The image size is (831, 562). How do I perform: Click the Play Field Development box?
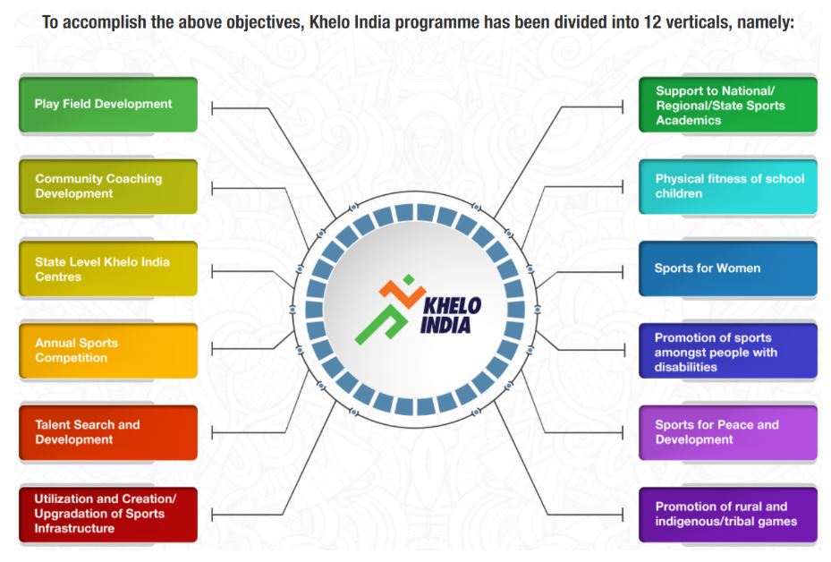pyautogui.click(x=108, y=105)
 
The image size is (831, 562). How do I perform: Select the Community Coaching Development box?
pyautogui.click(x=108, y=187)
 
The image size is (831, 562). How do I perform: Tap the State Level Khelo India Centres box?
pyautogui.click(x=108, y=268)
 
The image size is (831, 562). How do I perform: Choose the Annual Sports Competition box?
pyautogui.click(x=108, y=351)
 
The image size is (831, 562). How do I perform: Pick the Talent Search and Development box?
pyautogui.click(x=108, y=432)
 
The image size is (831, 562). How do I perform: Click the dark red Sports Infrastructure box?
pyautogui.click(x=108, y=515)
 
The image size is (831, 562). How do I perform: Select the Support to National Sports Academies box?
pyautogui.click(x=727, y=105)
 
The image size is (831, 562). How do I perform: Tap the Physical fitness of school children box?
pyautogui.click(x=727, y=187)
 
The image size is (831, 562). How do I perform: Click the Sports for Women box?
pyautogui.click(x=727, y=268)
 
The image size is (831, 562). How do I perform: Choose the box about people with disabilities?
pyautogui.click(x=727, y=351)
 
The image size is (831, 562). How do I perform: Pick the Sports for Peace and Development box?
pyautogui.click(x=727, y=432)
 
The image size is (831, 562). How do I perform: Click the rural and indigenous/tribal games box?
pyautogui.click(x=727, y=515)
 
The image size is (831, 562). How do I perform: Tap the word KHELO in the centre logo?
pyautogui.click(x=452, y=306)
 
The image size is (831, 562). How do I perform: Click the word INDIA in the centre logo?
pyautogui.click(x=445, y=325)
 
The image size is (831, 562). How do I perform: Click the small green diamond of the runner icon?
pyautogui.click(x=408, y=279)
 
